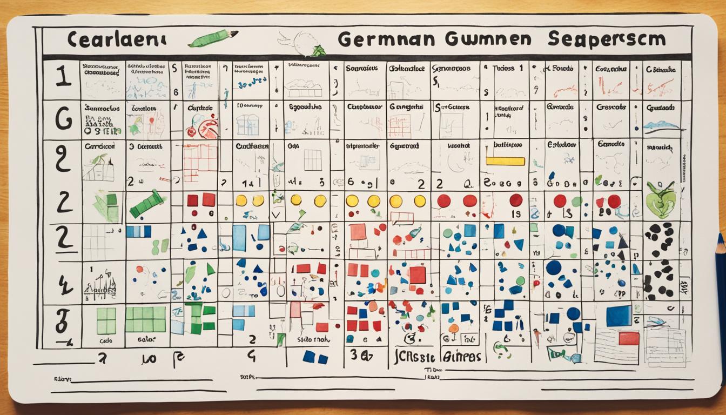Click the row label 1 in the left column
click(x=63, y=77)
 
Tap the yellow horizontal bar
click(x=505, y=161)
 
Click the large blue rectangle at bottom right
click(x=619, y=316)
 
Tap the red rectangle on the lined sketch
click(x=628, y=338)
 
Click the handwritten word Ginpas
click(x=461, y=357)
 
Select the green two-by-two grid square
click(x=106, y=320)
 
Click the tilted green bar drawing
click(x=146, y=204)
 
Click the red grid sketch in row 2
click(x=200, y=162)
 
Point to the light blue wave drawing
click(x=661, y=125)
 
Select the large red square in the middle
click(x=417, y=275)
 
